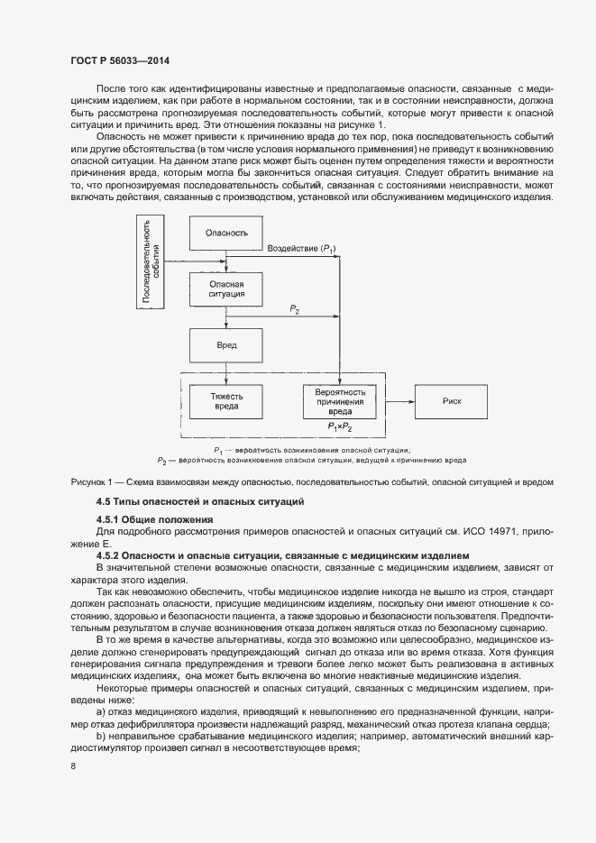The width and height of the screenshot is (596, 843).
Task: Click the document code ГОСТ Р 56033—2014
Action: point(120,60)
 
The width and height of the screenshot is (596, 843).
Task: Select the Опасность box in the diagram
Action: point(225,233)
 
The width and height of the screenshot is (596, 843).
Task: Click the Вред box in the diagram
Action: point(225,345)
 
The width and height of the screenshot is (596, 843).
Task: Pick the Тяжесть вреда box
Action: point(225,400)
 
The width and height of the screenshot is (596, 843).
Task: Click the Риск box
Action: point(452,399)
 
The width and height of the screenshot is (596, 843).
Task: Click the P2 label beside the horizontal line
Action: point(295,309)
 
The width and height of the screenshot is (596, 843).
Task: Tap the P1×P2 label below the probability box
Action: point(339,426)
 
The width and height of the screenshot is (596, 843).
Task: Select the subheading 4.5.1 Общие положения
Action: point(153,519)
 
